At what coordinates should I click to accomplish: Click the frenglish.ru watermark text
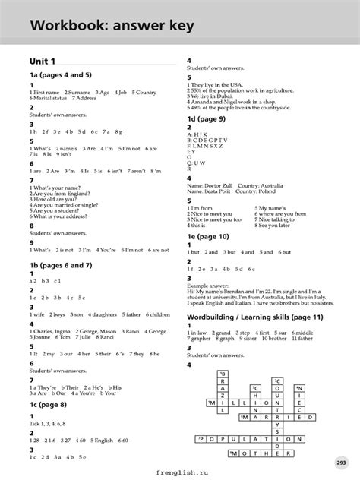[178, 472]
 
